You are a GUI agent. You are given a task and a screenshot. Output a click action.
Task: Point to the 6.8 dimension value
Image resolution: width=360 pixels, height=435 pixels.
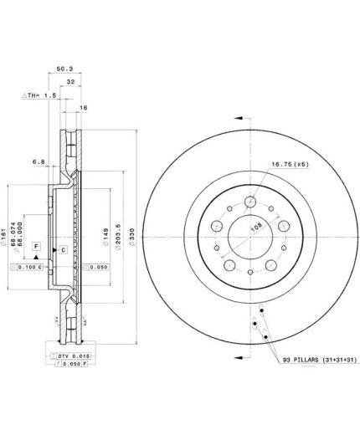(38, 161)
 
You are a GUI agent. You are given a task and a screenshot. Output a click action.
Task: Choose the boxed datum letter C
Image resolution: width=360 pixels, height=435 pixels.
(64, 250)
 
